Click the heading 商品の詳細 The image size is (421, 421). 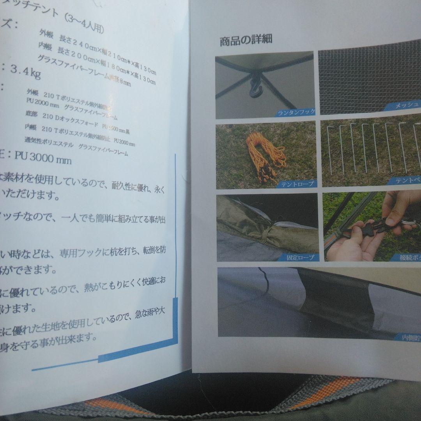click(x=246, y=41)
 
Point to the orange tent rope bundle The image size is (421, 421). click(x=265, y=156)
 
